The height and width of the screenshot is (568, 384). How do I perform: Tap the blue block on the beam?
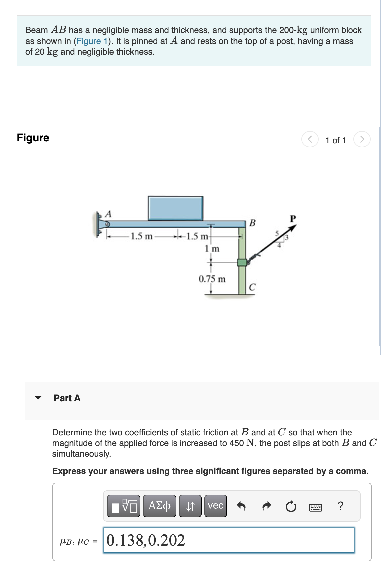point(175,208)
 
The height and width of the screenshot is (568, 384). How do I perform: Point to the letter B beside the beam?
point(252,223)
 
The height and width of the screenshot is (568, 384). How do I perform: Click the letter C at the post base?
point(252,287)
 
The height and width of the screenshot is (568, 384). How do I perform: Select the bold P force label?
point(293,219)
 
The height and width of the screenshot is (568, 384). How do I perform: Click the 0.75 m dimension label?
point(212,279)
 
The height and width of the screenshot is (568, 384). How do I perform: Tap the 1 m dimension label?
point(212,249)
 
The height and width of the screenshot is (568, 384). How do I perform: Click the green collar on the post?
point(242,262)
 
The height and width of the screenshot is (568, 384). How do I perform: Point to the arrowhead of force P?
point(293,228)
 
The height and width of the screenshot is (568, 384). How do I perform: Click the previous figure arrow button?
point(310,139)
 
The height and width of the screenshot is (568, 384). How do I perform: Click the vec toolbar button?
point(215,506)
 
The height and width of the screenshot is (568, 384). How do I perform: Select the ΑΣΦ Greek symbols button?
point(159,506)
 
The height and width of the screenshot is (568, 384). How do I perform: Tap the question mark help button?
point(340,506)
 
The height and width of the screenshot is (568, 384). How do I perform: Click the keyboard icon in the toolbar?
point(315,507)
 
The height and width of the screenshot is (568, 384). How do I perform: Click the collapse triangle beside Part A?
point(38,397)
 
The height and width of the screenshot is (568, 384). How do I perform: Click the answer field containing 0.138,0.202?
point(229,540)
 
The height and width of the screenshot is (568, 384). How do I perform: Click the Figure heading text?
point(33,138)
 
